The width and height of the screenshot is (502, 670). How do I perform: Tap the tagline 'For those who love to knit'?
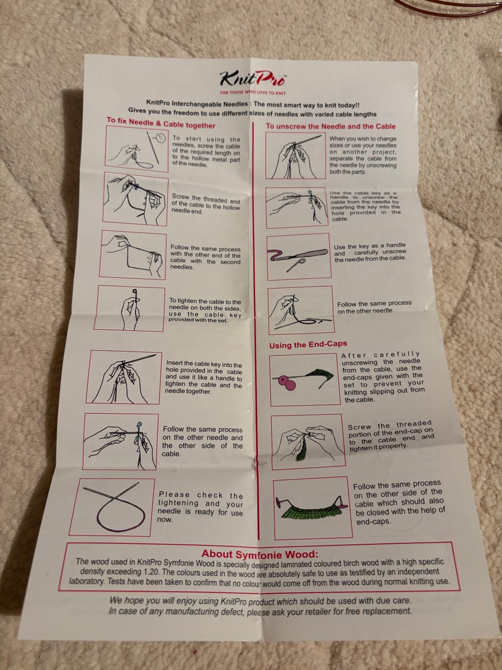click(x=253, y=93)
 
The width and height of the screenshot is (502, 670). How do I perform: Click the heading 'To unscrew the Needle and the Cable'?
click(x=330, y=126)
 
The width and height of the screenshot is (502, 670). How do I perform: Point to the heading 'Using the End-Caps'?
click(x=308, y=344)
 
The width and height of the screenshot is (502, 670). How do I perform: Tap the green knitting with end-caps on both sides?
click(x=313, y=507)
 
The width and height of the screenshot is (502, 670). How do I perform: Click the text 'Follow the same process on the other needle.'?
click(x=374, y=307)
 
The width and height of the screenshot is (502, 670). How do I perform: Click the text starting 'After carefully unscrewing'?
click(x=383, y=377)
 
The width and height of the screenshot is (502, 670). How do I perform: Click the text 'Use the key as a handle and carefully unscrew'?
click(x=370, y=252)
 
